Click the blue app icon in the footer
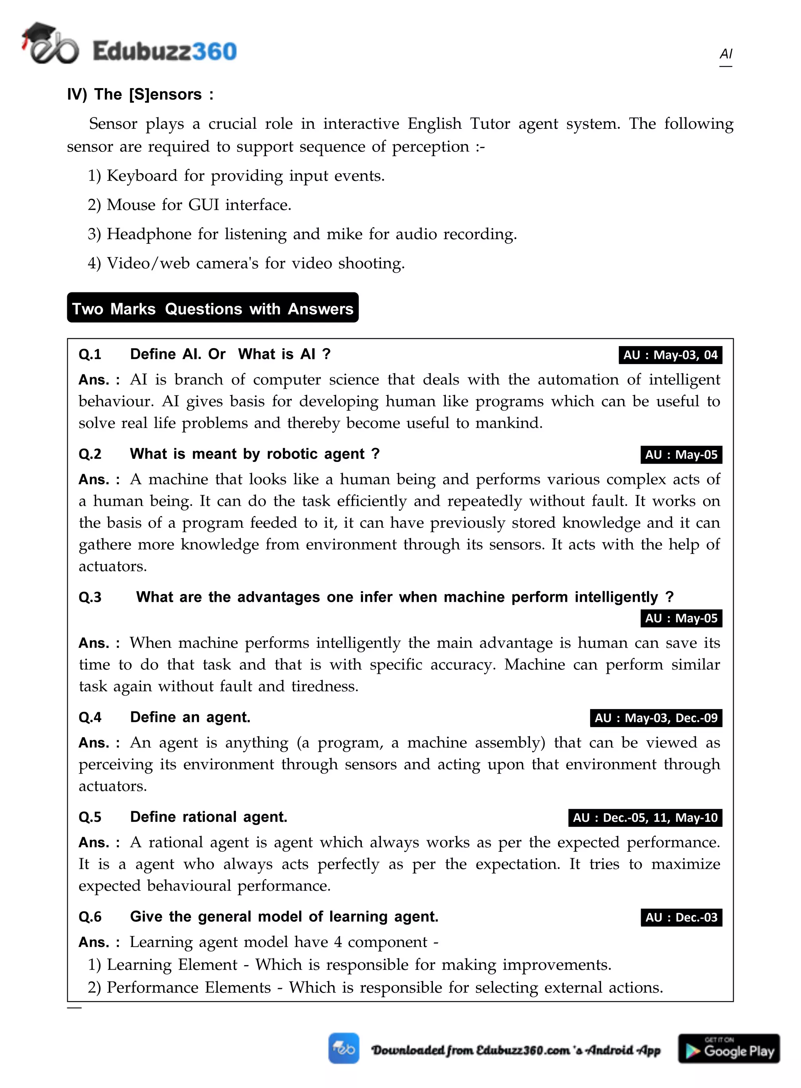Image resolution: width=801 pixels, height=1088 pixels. point(343,1048)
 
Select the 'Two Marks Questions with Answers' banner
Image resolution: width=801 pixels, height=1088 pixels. point(212,308)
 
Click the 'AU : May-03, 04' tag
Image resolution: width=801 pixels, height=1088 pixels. point(670,355)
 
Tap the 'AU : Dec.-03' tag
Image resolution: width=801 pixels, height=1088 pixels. point(681,917)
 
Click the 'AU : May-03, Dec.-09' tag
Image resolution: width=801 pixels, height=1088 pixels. point(656,718)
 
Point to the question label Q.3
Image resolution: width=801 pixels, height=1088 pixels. point(90,597)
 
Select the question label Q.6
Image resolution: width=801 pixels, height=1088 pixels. point(90,917)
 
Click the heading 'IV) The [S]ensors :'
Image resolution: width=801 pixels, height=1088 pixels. point(140,94)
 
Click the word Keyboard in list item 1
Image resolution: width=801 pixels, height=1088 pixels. point(142,176)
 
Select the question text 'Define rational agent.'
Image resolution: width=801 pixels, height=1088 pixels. point(208,817)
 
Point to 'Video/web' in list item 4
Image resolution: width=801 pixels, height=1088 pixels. point(148,263)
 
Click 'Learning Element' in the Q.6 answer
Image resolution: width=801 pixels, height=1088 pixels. point(172,965)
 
